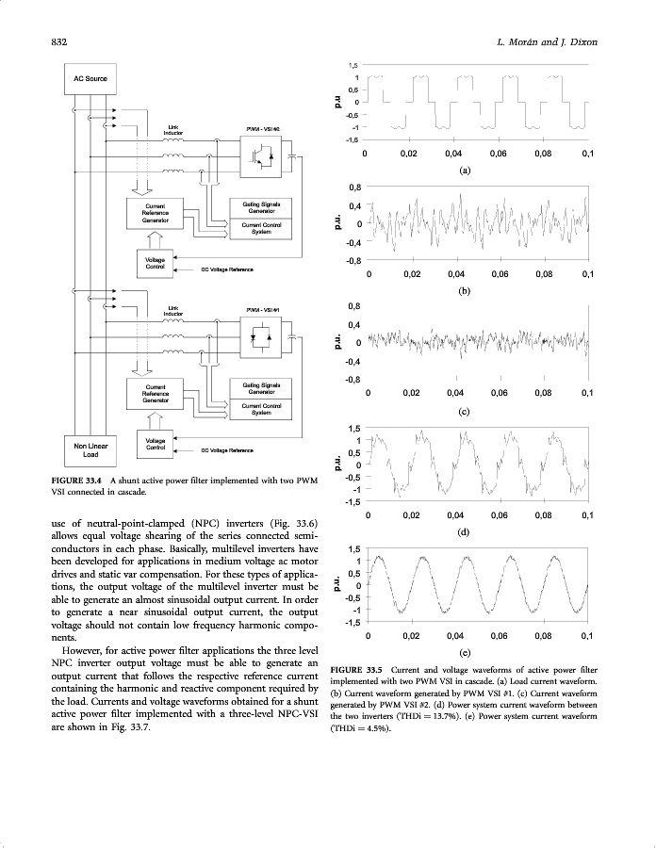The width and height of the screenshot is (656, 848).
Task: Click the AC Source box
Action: coord(90,77)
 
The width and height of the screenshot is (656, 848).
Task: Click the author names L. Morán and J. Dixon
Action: coord(547,42)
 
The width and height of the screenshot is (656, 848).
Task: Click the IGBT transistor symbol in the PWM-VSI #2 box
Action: coord(257,155)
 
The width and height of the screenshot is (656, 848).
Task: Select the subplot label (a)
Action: coord(464,171)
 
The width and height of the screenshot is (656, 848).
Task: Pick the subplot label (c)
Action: coord(464,412)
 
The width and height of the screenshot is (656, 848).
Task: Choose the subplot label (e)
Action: coord(464,652)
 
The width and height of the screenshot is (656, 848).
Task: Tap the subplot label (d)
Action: coord(464,532)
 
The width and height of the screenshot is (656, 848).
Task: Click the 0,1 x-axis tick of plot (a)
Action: coord(588,155)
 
